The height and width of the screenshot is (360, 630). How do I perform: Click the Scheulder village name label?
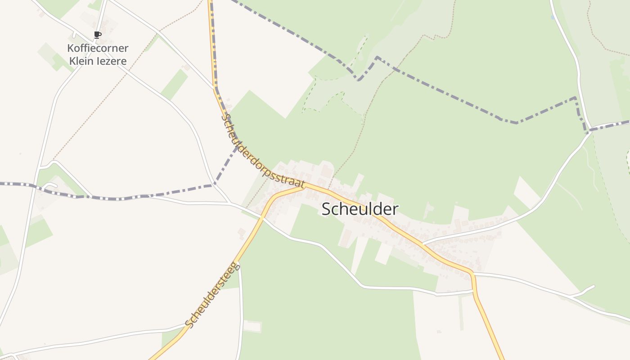click(x=360, y=209)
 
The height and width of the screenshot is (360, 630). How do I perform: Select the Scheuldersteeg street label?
click(x=212, y=295)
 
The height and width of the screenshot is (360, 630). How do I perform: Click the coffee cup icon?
click(x=98, y=35)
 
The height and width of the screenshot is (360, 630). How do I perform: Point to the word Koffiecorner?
click(x=98, y=48)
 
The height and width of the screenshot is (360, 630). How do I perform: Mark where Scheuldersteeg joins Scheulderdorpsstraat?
click(x=304, y=187)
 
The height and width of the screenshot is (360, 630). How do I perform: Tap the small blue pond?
click(x=552, y=18)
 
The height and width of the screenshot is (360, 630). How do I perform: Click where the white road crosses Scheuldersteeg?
click(x=262, y=217)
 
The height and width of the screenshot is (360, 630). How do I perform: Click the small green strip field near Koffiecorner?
click(x=174, y=85)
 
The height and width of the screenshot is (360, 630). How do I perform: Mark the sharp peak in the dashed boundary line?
click(x=377, y=57)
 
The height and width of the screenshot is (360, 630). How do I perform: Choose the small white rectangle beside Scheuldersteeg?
click(x=252, y=327)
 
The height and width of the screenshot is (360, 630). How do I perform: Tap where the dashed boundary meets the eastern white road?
click(x=587, y=131)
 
